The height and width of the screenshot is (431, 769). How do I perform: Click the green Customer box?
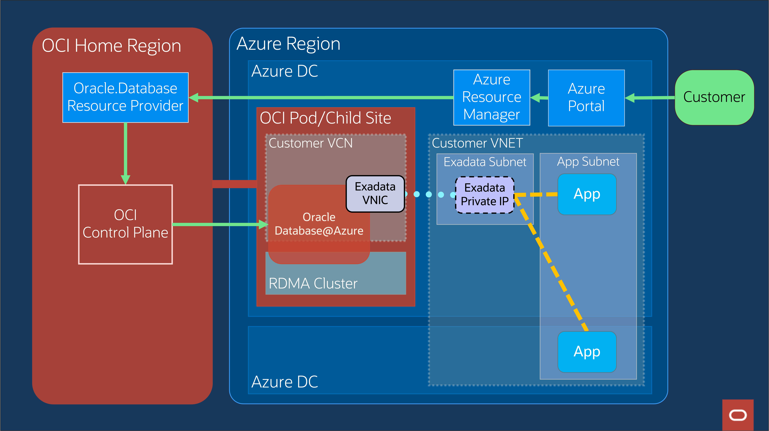click(x=714, y=97)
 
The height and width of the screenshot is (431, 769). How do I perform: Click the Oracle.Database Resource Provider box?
click(x=125, y=97)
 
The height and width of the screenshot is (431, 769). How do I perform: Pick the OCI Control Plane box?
click(x=125, y=224)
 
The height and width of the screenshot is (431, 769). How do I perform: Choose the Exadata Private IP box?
click(x=484, y=195)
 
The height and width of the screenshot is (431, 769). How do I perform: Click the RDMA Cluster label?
click(x=313, y=283)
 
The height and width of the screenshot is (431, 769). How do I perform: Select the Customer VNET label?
click(x=477, y=143)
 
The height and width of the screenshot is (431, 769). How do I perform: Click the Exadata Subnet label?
click(x=485, y=162)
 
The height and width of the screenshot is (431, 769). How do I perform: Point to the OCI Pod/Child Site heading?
click(x=325, y=118)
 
